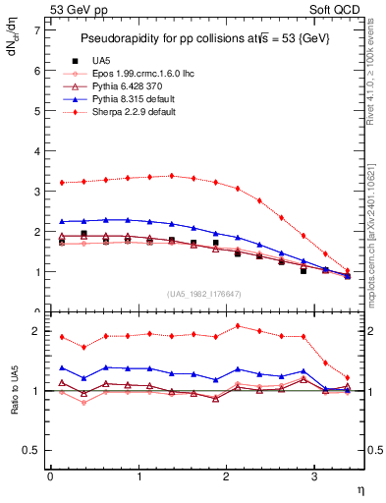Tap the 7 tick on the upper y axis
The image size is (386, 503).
(x=36, y=30)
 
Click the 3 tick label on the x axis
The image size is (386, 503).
(x=314, y=476)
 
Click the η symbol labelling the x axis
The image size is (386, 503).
(x=359, y=487)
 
